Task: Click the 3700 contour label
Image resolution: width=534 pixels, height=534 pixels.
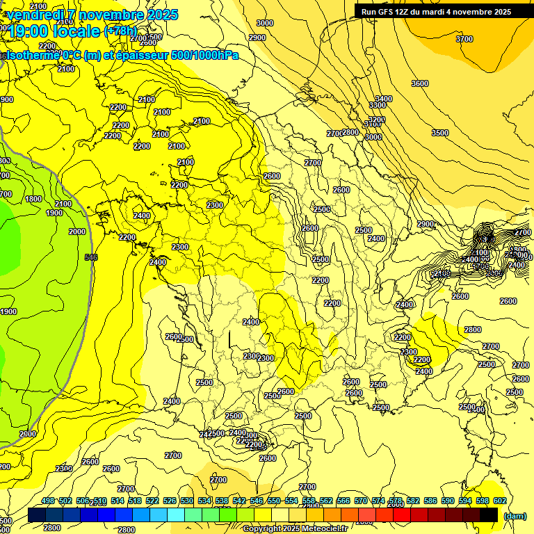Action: coord(464,39)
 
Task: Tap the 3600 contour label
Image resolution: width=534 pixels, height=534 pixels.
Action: coord(419,83)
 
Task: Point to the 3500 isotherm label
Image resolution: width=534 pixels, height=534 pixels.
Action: coord(439,133)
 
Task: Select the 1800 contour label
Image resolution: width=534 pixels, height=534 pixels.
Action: coord(33,199)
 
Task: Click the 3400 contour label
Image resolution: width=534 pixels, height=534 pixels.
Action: coord(383,99)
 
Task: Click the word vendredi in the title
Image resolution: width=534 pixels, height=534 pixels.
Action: coord(36,15)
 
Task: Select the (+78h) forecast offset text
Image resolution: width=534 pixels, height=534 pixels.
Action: coord(120,31)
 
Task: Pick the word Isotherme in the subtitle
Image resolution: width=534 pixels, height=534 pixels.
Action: coord(31,55)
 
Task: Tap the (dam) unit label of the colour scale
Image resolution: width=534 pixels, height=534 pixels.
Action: coord(514,516)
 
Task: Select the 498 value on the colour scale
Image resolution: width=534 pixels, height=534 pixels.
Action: coord(48,501)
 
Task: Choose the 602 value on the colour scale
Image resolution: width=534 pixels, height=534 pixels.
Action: coord(500,501)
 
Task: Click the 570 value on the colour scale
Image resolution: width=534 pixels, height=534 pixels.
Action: coord(361,501)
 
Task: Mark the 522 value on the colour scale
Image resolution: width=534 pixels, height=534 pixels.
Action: coord(152,501)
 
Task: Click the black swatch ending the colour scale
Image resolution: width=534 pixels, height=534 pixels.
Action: coord(489,515)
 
